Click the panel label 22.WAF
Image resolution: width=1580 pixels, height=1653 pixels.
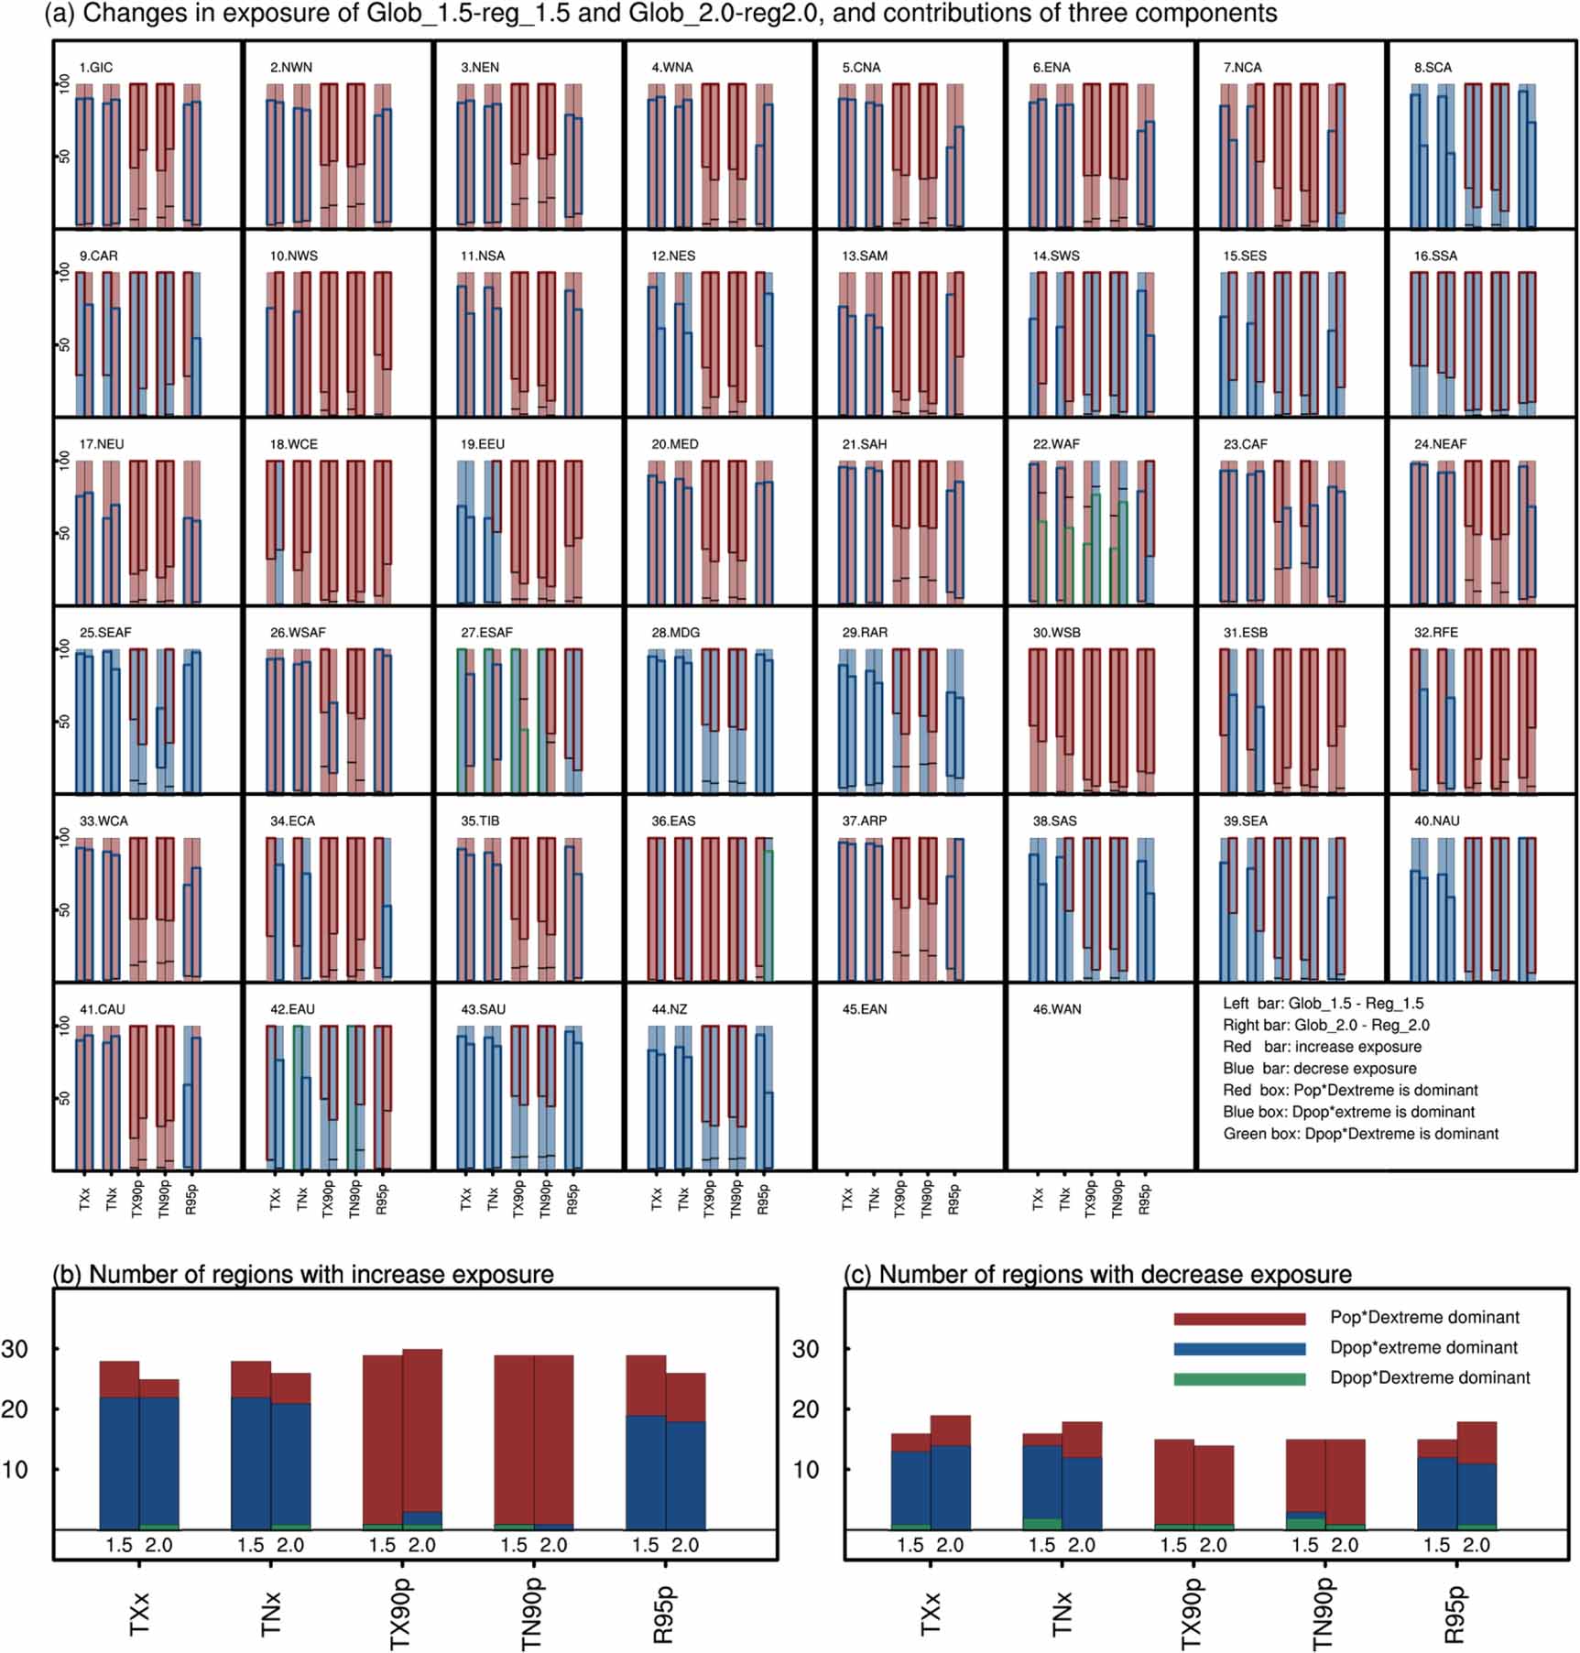1055,444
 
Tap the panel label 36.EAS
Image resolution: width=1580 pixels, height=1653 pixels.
673,821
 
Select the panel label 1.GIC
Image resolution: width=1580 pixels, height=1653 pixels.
96,68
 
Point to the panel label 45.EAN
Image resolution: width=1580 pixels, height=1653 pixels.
864,1009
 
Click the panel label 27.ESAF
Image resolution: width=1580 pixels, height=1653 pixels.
486,633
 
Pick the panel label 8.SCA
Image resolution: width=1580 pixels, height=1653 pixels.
1433,68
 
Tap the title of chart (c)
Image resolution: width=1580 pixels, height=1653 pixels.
1097,1275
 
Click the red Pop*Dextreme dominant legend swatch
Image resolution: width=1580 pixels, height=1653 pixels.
1239,1319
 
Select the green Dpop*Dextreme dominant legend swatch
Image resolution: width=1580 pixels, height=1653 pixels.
1239,1378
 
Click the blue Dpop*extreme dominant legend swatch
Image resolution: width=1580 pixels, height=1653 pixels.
1239,1349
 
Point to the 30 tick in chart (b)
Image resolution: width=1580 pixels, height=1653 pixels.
15,1349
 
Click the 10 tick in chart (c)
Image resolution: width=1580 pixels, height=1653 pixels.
805,1470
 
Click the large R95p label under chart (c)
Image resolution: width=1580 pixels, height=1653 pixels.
1455,1615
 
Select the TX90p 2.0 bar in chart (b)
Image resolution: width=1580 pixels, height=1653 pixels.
422,1440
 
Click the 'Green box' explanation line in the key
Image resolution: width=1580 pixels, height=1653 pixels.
1360,1134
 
